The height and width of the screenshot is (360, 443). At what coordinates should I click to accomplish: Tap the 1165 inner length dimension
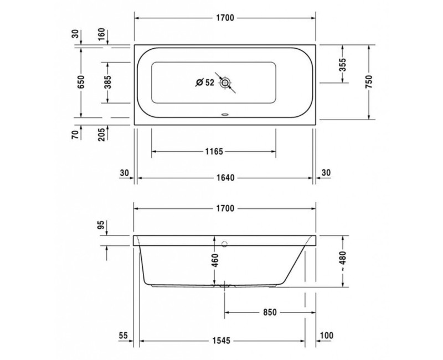click(213, 151)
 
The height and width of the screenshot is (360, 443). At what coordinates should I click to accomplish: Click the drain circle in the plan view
click(225, 83)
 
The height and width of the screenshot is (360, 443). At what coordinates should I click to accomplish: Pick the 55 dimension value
click(123, 336)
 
